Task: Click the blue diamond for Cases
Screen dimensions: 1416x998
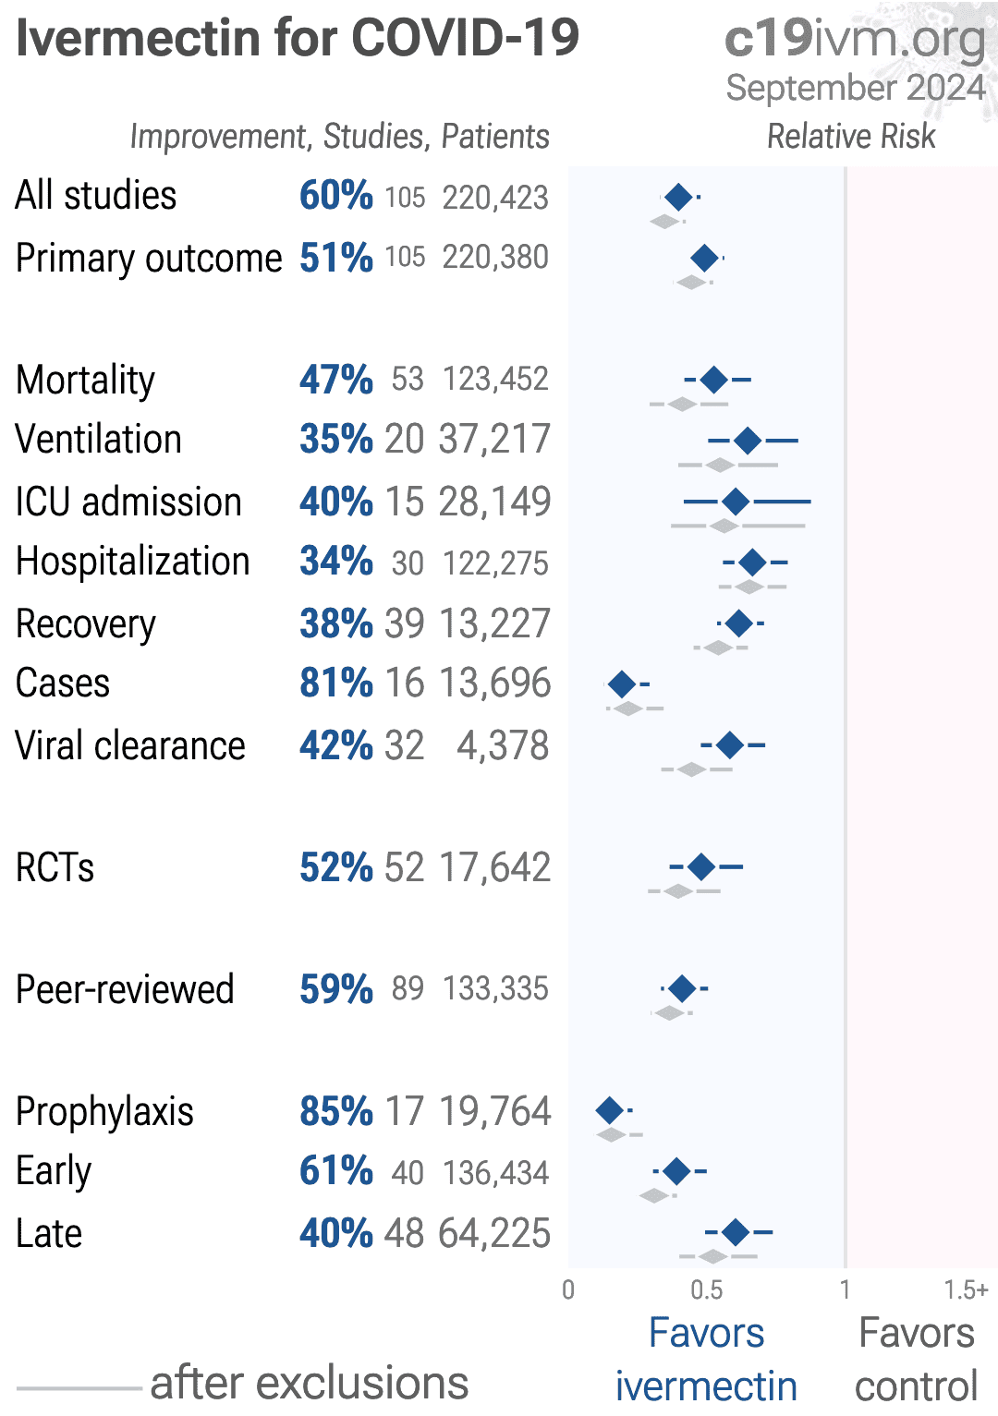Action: (x=622, y=684)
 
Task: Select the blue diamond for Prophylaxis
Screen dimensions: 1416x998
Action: (x=610, y=1110)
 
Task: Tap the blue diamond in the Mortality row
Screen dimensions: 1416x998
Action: (x=713, y=379)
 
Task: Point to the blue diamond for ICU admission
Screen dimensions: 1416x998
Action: (x=736, y=502)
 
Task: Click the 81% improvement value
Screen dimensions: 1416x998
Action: (x=335, y=684)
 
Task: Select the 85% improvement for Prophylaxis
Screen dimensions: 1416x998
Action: (x=335, y=1111)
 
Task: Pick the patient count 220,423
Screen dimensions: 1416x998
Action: (x=495, y=197)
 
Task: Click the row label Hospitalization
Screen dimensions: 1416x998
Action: (x=133, y=562)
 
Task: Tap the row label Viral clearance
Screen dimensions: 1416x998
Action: (x=130, y=745)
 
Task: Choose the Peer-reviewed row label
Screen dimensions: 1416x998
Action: (x=125, y=989)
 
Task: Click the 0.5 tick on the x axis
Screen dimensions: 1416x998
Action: (x=707, y=1290)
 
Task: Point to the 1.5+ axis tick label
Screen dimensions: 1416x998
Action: (x=966, y=1290)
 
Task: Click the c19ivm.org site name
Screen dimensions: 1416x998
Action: (x=855, y=39)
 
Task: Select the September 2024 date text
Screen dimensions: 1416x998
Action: (x=856, y=88)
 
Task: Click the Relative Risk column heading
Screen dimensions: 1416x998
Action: (x=851, y=137)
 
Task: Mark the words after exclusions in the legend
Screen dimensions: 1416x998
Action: (x=310, y=1383)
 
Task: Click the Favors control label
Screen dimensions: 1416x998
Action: (x=916, y=1359)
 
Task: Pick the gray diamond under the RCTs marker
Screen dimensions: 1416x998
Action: (x=679, y=891)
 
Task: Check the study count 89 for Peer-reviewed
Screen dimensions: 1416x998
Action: (x=408, y=989)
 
